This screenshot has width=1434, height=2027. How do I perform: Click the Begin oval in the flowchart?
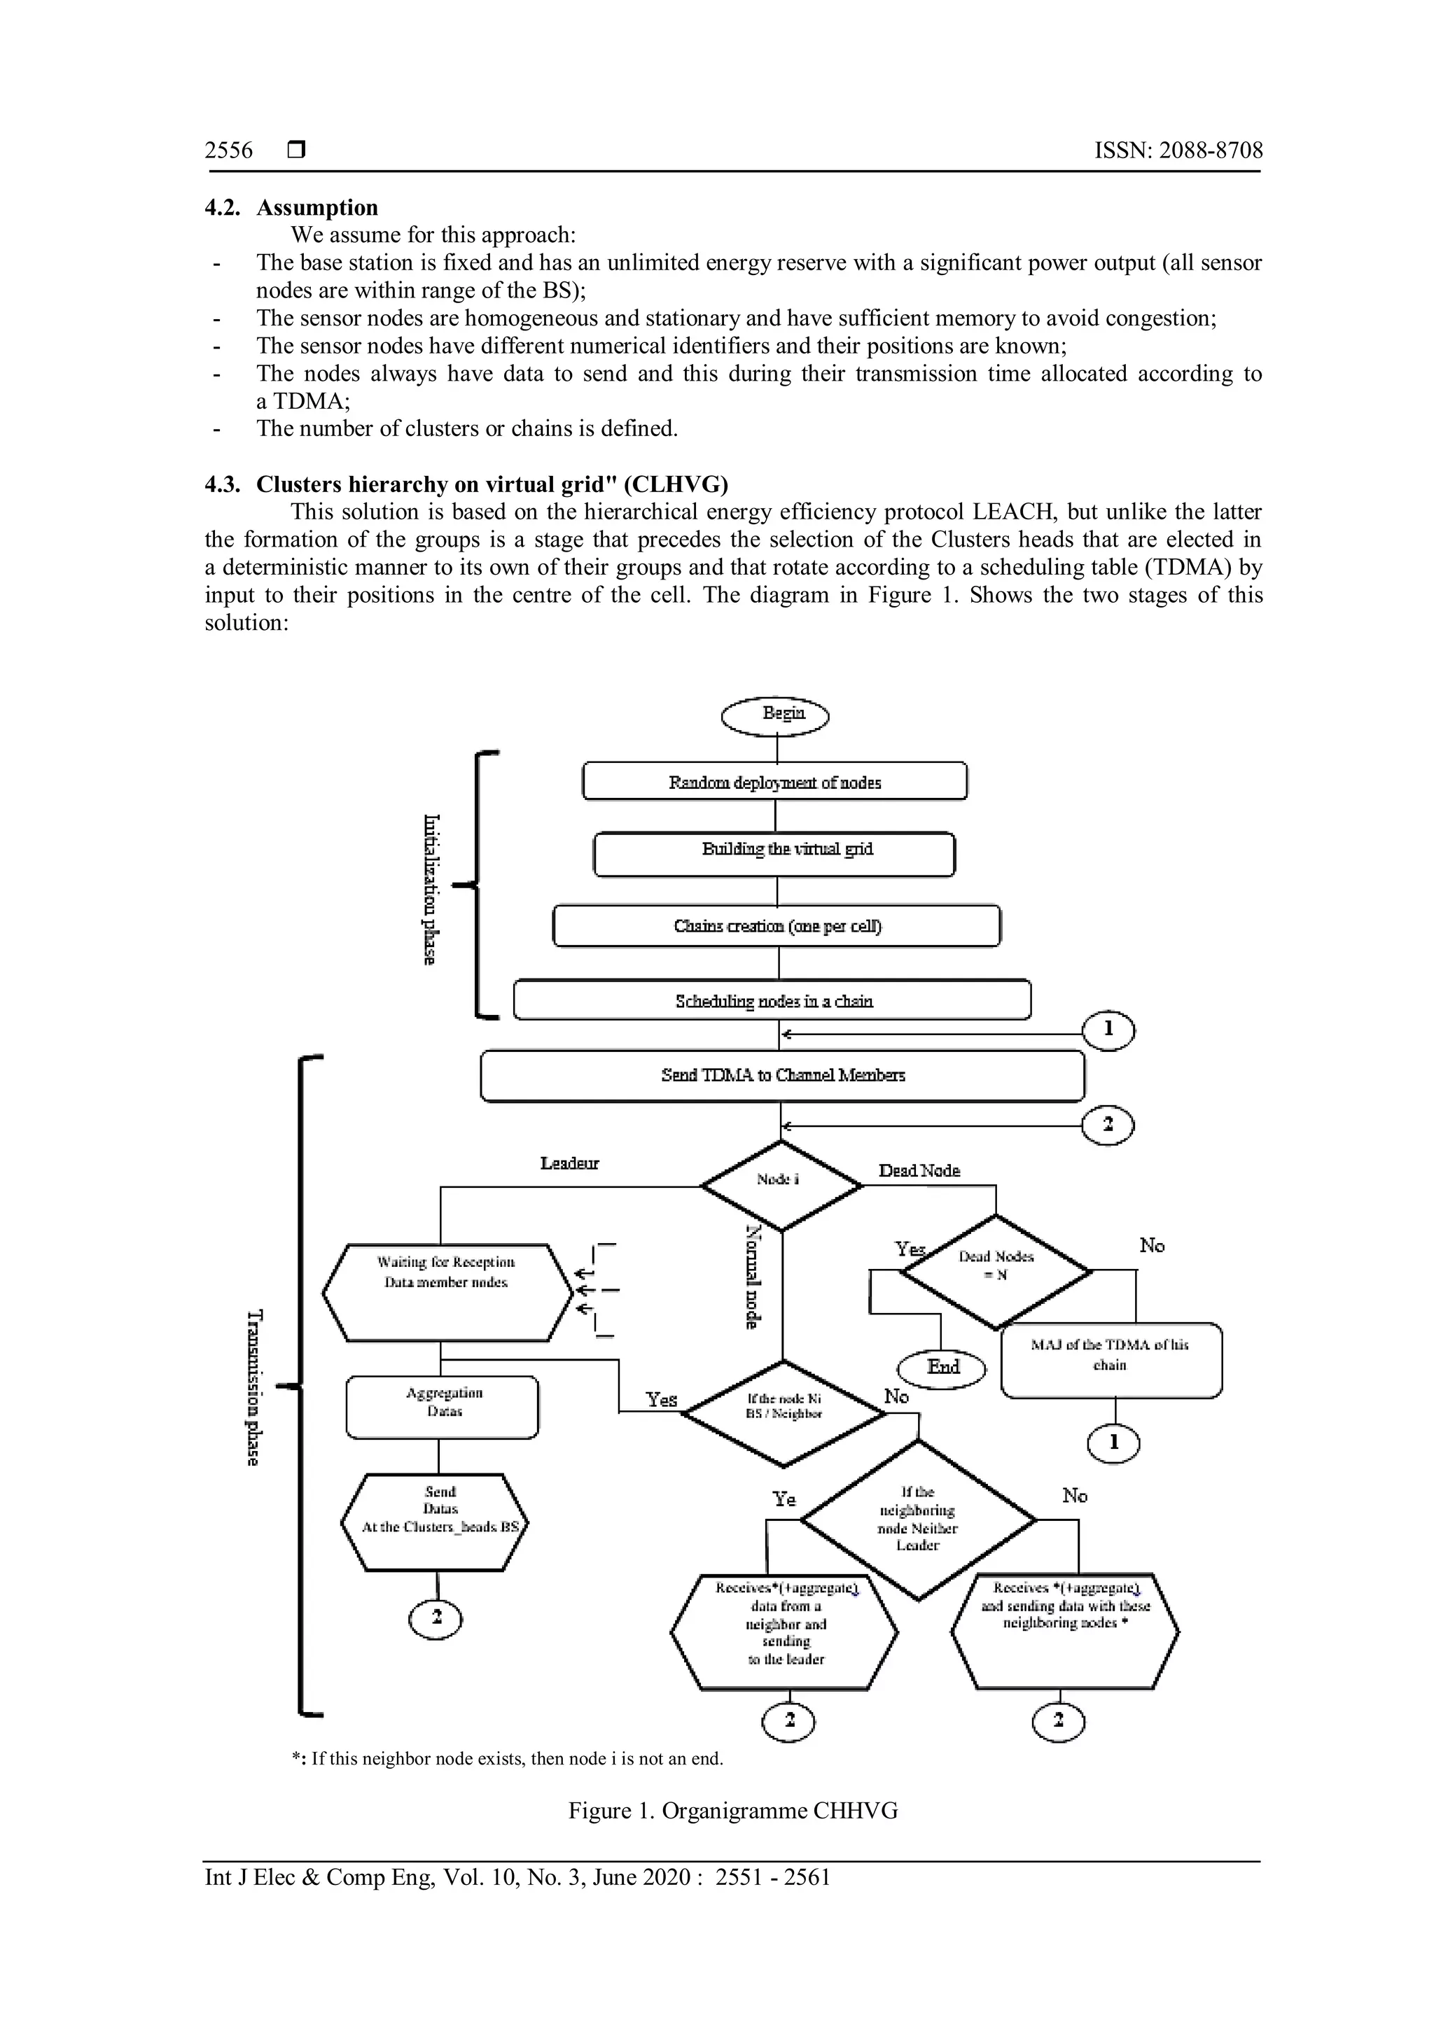coord(775,715)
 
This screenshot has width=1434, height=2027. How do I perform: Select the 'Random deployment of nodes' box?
coord(774,783)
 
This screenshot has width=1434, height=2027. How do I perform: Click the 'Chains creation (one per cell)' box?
coord(776,926)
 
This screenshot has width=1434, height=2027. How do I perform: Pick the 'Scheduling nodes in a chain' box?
coord(772,1000)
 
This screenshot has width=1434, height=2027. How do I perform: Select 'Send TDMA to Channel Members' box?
coord(782,1075)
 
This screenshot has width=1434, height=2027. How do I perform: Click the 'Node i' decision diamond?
coord(780,1184)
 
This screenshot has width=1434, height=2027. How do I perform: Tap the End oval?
coord(942,1368)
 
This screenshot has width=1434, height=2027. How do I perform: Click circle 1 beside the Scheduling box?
coord(1108,1030)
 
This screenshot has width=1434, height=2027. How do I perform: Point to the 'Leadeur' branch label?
coord(569,1163)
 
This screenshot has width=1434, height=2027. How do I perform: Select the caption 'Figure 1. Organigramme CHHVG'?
coord(733,1811)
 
